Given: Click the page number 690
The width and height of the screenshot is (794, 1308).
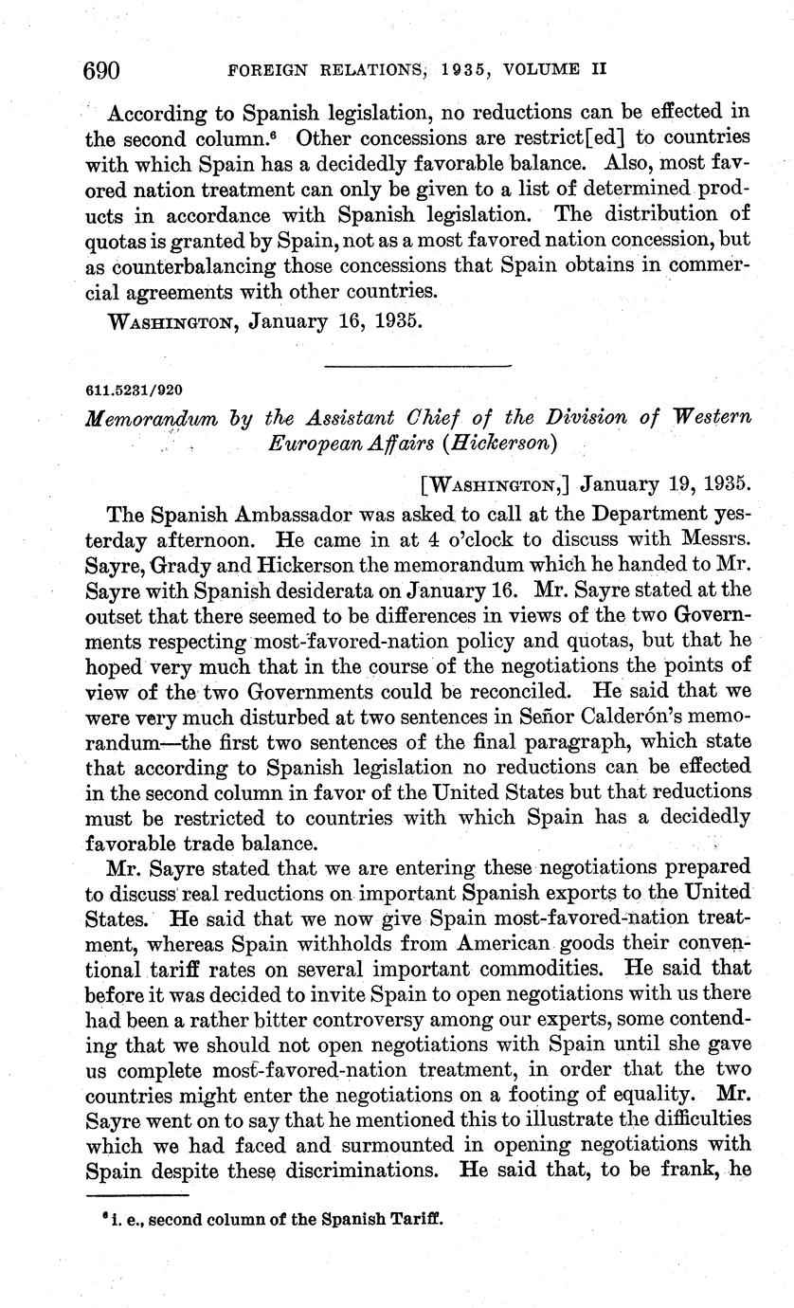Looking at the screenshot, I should pos(102,69).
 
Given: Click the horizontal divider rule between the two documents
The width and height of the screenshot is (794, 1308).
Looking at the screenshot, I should pos(417,364).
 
